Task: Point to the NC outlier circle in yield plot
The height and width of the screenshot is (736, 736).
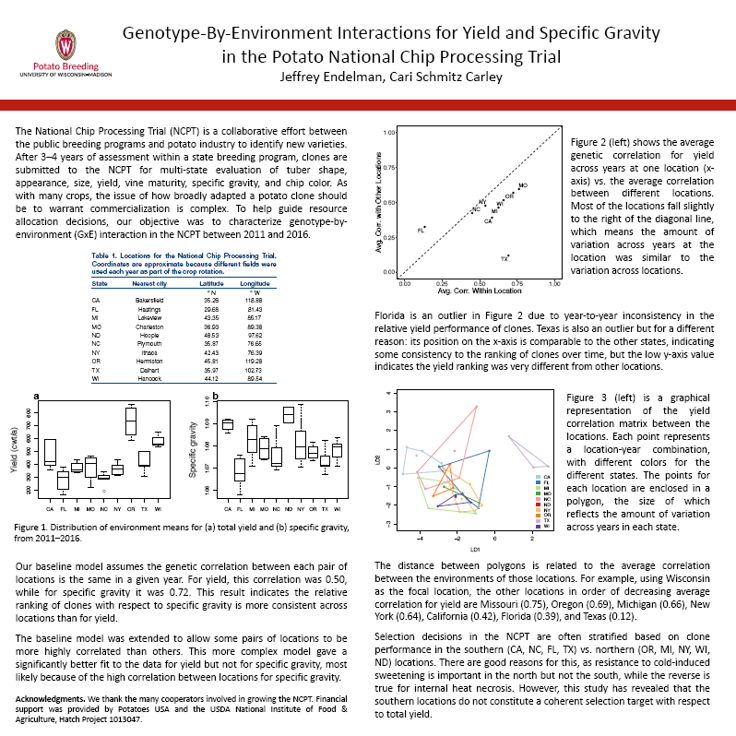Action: [x=104, y=492]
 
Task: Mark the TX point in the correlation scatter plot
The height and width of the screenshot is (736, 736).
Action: [x=508, y=255]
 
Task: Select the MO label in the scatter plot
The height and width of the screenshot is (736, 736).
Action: [x=523, y=186]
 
